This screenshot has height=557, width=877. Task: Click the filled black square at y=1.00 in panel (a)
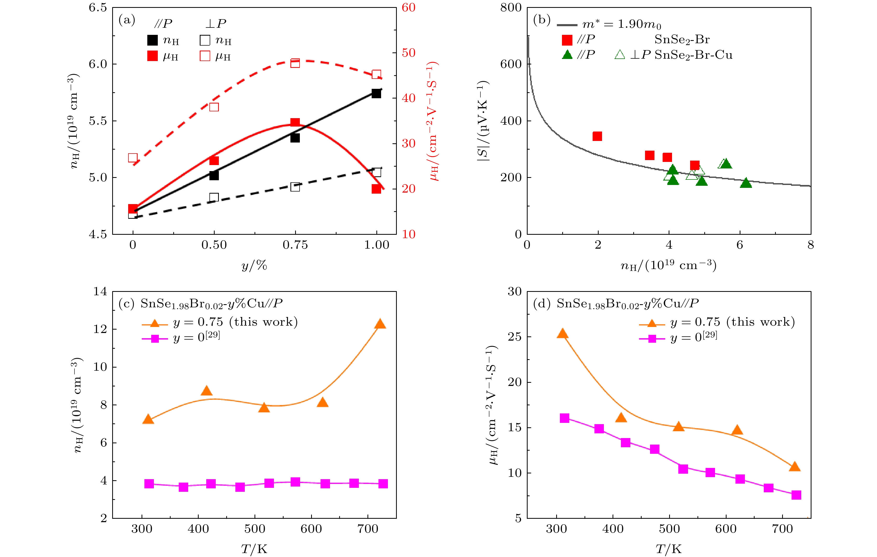[x=376, y=94]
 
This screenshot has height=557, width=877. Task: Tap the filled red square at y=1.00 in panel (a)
[x=376, y=189]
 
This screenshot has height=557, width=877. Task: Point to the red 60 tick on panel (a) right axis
[x=409, y=8]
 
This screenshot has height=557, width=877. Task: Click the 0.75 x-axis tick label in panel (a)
[x=295, y=245]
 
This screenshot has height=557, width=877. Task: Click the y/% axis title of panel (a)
[x=254, y=265]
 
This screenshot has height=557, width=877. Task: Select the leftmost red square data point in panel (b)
[x=597, y=136]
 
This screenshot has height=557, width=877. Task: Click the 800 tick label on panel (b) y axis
[x=511, y=8]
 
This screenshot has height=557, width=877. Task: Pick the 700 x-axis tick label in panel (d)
[x=782, y=529]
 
